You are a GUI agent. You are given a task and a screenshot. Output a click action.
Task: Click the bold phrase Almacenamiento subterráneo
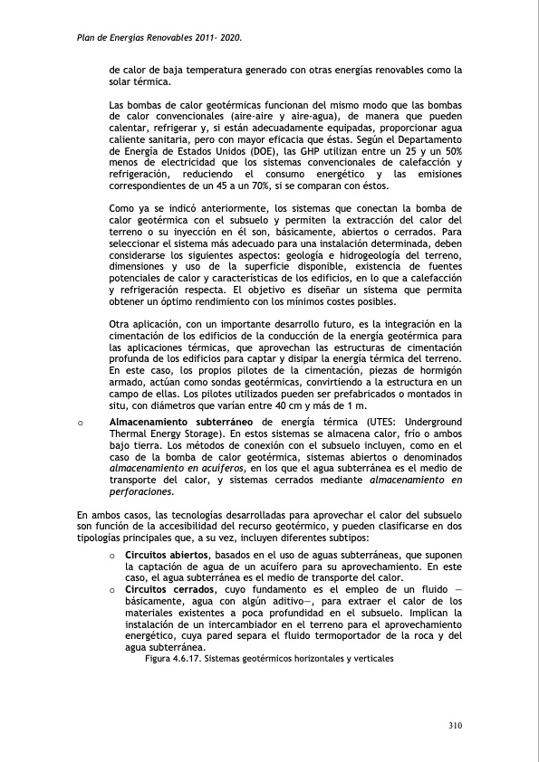(x=182, y=423)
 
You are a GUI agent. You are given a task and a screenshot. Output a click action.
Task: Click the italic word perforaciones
(x=140, y=492)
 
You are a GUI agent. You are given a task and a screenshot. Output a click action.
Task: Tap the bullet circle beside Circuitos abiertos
(x=112, y=555)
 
